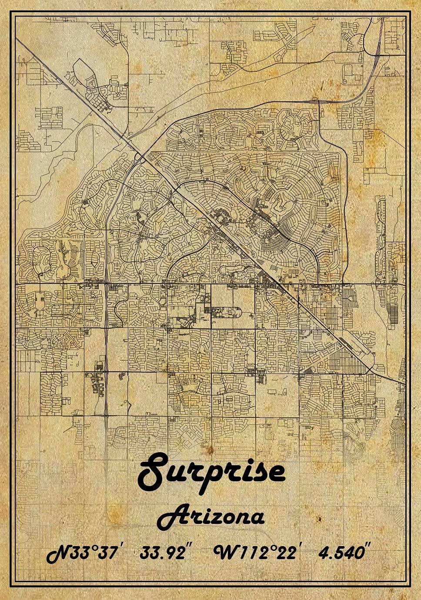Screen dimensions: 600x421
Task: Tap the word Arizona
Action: click(x=210, y=517)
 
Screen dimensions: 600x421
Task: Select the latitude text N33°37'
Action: click(x=83, y=553)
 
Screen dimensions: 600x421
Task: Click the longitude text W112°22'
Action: click(x=257, y=553)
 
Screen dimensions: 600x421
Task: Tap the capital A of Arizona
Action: click(x=170, y=517)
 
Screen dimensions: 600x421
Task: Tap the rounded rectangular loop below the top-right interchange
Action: click(x=352, y=74)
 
